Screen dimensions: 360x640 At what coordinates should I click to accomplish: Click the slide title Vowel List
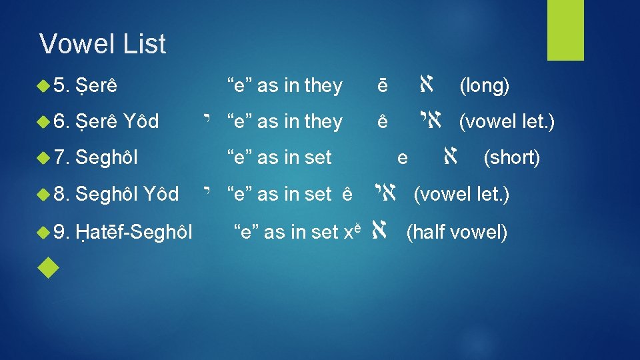(103, 44)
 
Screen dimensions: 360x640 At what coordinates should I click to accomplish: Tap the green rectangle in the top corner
(565, 30)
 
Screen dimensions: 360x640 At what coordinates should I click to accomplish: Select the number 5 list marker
(61, 85)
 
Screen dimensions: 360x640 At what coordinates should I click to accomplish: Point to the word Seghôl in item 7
(107, 157)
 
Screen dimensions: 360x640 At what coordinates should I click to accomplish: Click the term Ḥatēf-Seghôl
(134, 232)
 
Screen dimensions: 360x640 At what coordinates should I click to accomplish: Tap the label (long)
(485, 85)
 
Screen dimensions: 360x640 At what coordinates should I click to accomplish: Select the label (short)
(511, 157)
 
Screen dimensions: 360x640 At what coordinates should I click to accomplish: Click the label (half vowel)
(457, 232)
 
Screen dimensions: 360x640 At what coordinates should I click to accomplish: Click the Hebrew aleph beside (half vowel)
(379, 232)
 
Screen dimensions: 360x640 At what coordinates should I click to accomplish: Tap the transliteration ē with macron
(382, 86)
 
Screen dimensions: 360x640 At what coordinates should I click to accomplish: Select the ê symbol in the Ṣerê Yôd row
(382, 122)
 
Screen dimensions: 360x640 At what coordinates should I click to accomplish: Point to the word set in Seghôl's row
(317, 157)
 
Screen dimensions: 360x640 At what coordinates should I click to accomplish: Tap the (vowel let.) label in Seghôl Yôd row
(461, 194)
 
